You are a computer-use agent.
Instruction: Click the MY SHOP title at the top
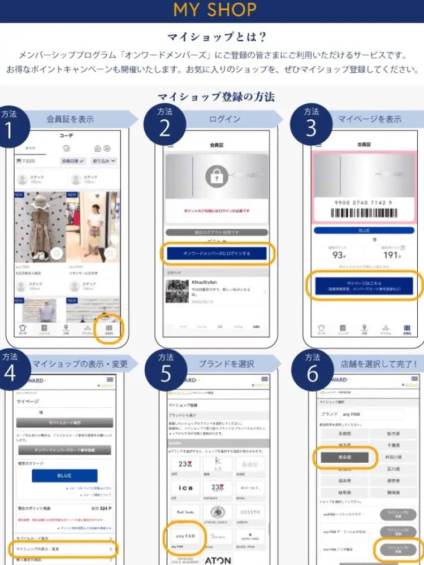click(x=215, y=10)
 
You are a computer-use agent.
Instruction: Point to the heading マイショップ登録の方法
click(x=216, y=96)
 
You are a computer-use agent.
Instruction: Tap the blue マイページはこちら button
click(x=364, y=285)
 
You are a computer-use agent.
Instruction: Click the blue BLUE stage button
click(x=64, y=475)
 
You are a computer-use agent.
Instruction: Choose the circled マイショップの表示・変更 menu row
click(x=63, y=549)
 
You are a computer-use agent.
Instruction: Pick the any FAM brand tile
click(x=185, y=534)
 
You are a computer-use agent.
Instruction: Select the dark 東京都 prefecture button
click(x=345, y=457)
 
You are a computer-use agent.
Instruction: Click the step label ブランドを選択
click(x=226, y=364)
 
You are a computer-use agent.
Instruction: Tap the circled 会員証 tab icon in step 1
click(x=109, y=329)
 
